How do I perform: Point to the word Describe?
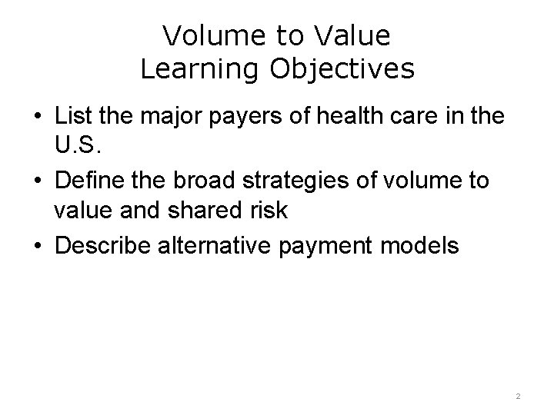(102, 246)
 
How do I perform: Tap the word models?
(425, 246)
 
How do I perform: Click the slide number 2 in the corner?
(518, 395)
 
